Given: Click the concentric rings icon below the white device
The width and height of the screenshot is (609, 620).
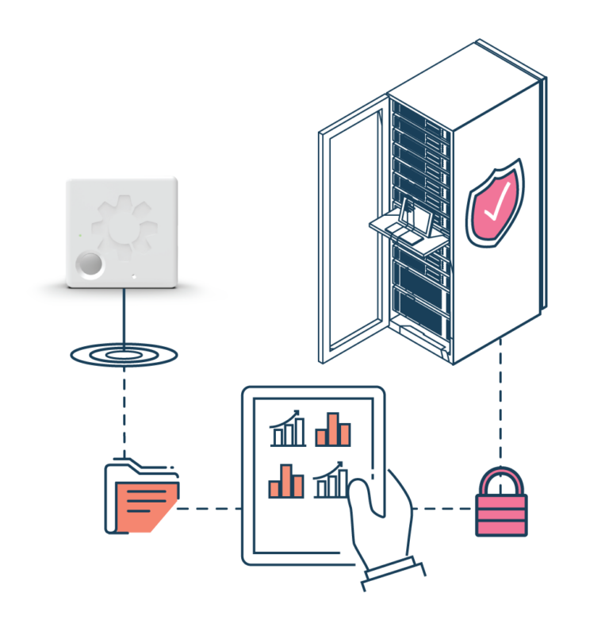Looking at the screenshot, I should click(123, 354).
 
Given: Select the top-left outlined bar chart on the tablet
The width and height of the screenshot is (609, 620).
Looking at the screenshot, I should click(288, 429).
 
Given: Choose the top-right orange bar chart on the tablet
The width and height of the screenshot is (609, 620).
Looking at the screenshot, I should click(333, 429).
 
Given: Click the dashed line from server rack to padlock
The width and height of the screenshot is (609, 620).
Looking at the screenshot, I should click(500, 405).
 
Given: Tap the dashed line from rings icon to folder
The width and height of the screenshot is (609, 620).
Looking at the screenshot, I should click(123, 413).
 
